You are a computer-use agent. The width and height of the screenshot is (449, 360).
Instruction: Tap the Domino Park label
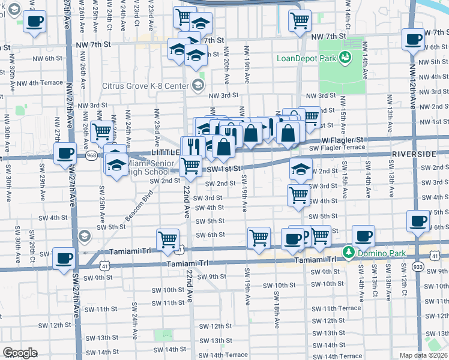pyautogui.click(x=375, y=251)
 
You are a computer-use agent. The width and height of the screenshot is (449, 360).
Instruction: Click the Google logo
pyautogui.click(x=20, y=353)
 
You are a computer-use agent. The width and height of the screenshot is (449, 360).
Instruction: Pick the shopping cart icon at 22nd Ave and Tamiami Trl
pyautogui.click(x=167, y=239)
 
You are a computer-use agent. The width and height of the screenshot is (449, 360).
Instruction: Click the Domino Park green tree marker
pyautogui.click(x=347, y=251)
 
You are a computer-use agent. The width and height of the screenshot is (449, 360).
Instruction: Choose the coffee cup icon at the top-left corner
pyautogui.click(x=34, y=22)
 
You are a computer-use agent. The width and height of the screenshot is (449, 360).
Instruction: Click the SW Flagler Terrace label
pyautogui.click(x=337, y=148)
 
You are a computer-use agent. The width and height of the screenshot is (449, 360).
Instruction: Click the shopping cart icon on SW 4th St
pyautogui.click(x=299, y=194)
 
